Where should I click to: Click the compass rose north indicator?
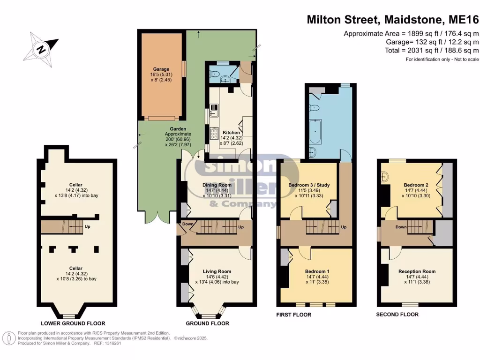coord(41,49)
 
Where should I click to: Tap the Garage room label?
coord(161,69)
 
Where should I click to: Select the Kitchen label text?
coord(231,133)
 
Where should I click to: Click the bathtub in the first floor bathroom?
coord(315,132)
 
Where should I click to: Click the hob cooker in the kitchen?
coord(214,134)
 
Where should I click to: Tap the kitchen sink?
coord(214,111)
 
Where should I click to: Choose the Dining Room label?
coord(217,185)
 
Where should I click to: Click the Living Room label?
coord(217,271)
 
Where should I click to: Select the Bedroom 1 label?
coord(317,271)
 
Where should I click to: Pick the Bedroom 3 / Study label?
coord(309,185)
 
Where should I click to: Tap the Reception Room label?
coord(417,271)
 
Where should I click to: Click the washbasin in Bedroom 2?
coord(385,177)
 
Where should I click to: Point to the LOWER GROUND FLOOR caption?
coord(73,323)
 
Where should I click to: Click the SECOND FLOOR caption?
coord(397,315)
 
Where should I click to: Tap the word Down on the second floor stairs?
coord(401,227)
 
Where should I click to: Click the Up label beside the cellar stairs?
coord(87,226)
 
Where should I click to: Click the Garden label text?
coord(178,129)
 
